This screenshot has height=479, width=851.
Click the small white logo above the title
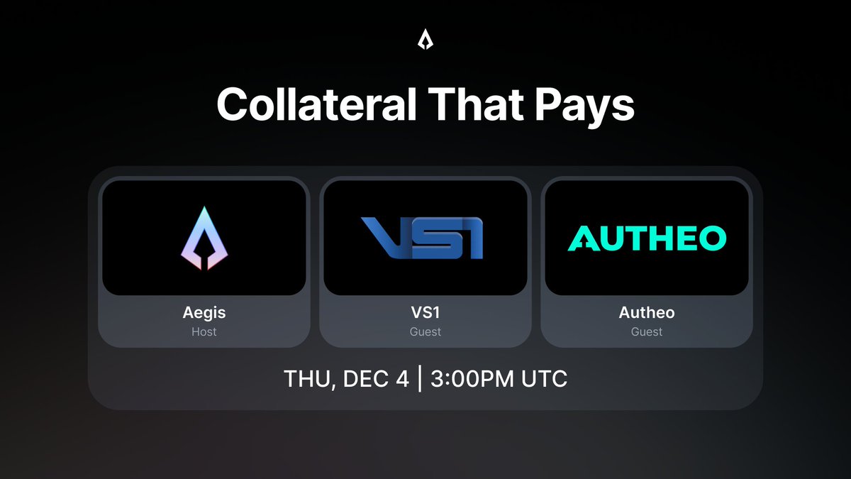tap(425, 41)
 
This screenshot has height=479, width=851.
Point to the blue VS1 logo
tap(424, 238)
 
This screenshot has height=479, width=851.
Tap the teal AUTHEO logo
tap(647, 238)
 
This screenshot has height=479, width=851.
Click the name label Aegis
tap(204, 313)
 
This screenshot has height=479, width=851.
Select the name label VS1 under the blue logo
tap(425, 313)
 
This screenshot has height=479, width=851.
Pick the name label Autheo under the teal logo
tap(647, 313)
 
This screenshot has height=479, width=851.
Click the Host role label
tap(204, 331)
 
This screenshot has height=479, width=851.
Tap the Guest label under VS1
tap(425, 331)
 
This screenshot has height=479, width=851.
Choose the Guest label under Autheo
tap(647, 331)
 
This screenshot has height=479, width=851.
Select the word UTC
tap(543, 379)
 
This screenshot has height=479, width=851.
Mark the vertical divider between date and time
tap(420, 379)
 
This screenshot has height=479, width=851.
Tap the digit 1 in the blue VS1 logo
tap(472, 238)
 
